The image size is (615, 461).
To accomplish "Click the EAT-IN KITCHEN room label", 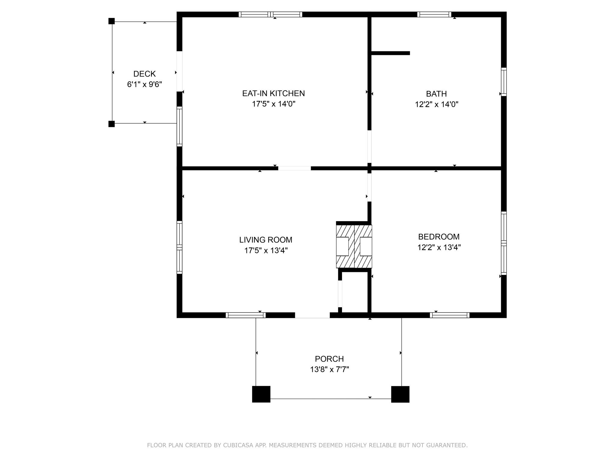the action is [273, 93].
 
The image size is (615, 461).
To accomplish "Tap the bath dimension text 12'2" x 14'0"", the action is [436, 104].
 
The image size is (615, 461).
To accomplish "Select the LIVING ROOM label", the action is [265, 240].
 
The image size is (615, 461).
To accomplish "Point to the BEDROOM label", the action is [438, 237].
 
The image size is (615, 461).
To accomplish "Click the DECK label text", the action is [144, 74].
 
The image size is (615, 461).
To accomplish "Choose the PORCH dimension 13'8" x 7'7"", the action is [329, 369].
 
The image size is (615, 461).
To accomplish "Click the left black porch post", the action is [261, 394].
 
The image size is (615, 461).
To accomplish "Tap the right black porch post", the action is [400, 394].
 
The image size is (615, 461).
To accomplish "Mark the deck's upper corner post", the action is [111, 21].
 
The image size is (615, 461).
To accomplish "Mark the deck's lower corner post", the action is [111, 124].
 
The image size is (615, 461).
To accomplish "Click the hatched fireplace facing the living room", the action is [345, 246].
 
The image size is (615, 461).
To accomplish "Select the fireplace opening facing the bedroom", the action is [366, 246].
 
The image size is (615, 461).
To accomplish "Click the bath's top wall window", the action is [434, 14].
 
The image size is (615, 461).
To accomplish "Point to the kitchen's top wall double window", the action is [270, 14].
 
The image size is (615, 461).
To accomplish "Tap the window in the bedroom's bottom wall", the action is [450, 315].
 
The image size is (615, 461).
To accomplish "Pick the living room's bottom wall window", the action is [246, 315].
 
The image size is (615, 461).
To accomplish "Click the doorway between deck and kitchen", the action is [179, 71].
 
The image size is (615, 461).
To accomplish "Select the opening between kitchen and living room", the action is [294, 168].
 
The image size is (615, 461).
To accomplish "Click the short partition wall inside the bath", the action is [390, 53].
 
